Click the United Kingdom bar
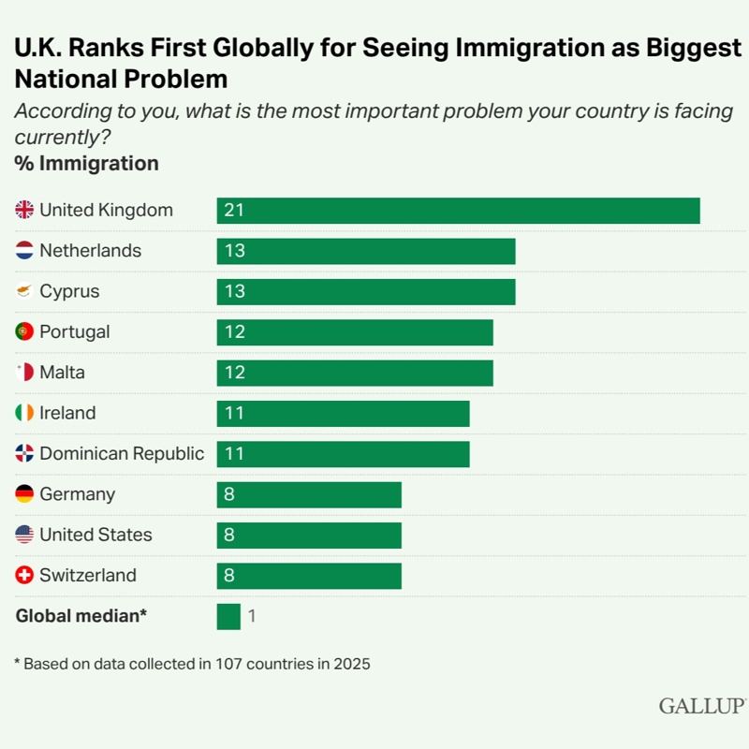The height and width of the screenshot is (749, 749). [x=458, y=211]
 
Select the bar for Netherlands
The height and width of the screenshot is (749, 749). [x=366, y=251]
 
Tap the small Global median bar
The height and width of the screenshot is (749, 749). [x=228, y=616]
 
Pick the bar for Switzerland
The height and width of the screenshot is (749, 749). [x=309, y=576]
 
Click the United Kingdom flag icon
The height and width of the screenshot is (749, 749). [x=24, y=211]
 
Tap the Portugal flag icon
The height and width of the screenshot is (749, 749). [x=24, y=331]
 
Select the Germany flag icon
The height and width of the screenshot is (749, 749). [x=24, y=494]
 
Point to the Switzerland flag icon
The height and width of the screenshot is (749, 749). [x=24, y=576]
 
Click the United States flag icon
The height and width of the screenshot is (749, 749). [x=24, y=535]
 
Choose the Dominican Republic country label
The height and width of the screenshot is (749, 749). [x=122, y=454]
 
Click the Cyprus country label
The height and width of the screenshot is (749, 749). [x=69, y=291]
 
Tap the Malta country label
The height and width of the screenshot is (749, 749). [x=62, y=373]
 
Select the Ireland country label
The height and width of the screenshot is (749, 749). [x=67, y=413]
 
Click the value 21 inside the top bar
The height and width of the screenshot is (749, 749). [x=234, y=211]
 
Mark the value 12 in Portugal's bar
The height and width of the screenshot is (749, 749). [x=234, y=332]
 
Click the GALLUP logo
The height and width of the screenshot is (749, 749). [x=701, y=706]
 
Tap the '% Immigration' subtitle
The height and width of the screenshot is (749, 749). [x=86, y=164]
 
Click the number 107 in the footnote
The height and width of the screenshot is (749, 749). [x=231, y=664]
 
